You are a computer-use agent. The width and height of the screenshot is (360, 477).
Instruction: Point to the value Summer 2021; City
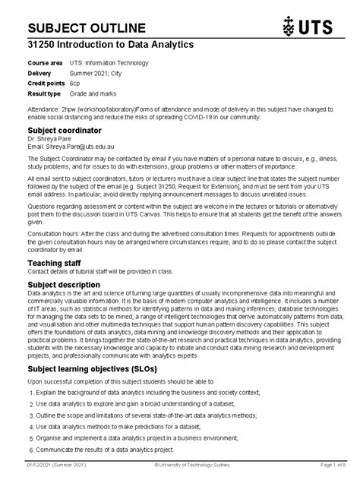[x=99, y=74]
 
